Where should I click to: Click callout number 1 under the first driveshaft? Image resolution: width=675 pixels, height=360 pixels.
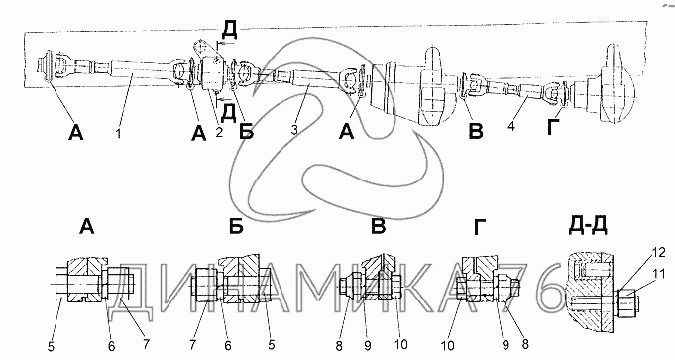(118, 134)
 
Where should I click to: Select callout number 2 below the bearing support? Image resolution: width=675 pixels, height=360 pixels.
(219, 132)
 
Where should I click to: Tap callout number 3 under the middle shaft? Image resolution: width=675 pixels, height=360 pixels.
(294, 129)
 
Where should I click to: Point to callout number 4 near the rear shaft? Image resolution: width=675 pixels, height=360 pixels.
(511, 126)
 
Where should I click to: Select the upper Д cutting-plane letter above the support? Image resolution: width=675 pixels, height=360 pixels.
(229, 30)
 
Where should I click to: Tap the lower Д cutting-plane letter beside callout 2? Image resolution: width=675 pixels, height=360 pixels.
(228, 112)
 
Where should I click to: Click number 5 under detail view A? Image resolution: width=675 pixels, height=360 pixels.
(52, 347)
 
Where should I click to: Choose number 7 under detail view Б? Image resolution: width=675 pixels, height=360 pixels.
(192, 344)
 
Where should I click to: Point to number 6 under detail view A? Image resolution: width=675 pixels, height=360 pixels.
(111, 347)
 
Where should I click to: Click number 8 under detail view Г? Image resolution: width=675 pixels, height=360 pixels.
(524, 343)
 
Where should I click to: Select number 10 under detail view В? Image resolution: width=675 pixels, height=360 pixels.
(400, 343)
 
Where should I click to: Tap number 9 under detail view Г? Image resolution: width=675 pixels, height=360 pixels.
(506, 344)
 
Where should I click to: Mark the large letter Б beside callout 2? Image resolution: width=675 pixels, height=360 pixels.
(246, 131)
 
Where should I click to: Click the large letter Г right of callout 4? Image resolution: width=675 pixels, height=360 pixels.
(554, 126)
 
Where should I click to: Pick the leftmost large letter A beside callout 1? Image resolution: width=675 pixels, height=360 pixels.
(75, 133)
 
